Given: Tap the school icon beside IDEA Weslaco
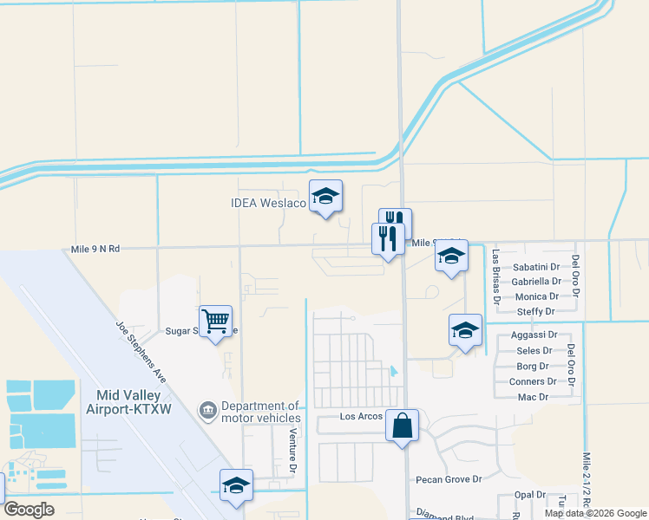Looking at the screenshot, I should [x=326, y=197].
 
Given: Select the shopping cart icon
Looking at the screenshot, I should [x=215, y=322].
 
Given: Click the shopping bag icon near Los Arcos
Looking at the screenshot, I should [x=402, y=426].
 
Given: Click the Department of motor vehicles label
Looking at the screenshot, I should [x=260, y=412].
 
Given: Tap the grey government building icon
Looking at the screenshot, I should [x=208, y=408].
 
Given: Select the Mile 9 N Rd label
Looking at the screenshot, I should [x=91, y=249].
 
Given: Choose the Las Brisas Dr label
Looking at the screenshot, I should [x=496, y=279].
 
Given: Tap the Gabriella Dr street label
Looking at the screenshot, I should [x=536, y=282].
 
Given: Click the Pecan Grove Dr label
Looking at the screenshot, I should [x=449, y=479].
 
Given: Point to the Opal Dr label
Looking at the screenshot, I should [x=528, y=495].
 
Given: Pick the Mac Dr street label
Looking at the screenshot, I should [x=533, y=397].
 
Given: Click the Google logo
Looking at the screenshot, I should [x=29, y=510].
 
